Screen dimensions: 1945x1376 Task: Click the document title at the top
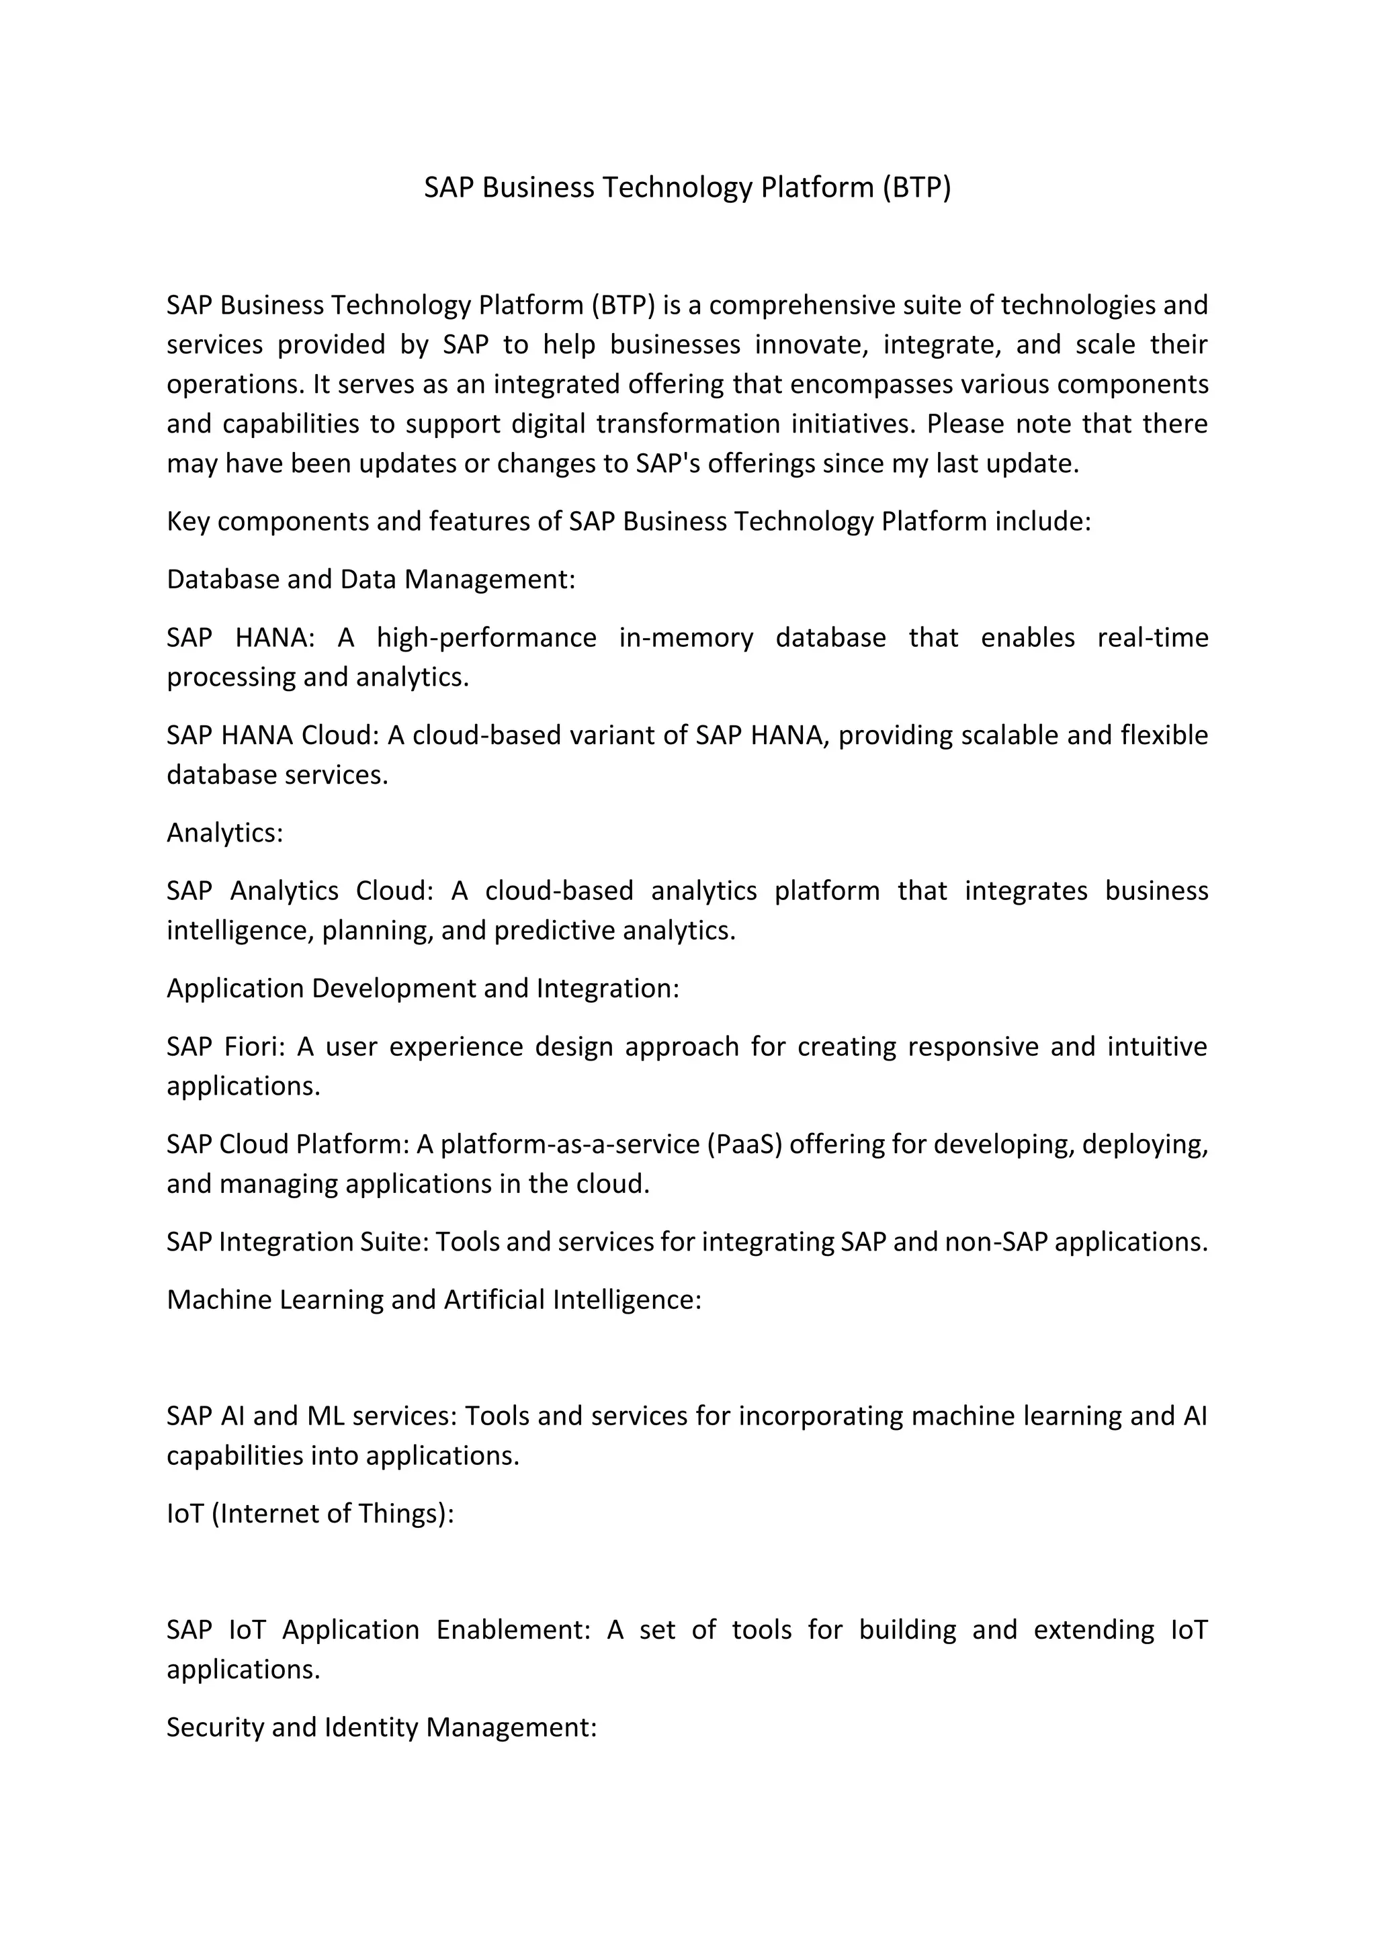coord(687,187)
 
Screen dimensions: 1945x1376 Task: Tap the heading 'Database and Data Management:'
coord(370,580)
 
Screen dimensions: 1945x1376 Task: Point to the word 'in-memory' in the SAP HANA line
coord(685,637)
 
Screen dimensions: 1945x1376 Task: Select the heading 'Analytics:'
coord(224,833)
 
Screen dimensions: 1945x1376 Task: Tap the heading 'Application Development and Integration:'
coord(423,989)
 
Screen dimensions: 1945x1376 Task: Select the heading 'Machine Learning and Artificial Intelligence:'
coord(434,1300)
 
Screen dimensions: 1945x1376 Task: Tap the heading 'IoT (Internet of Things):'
coord(310,1514)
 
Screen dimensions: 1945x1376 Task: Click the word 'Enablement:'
coord(513,1631)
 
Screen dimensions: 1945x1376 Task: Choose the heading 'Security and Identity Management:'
coord(381,1727)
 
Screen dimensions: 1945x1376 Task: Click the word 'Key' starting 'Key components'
coord(188,522)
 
